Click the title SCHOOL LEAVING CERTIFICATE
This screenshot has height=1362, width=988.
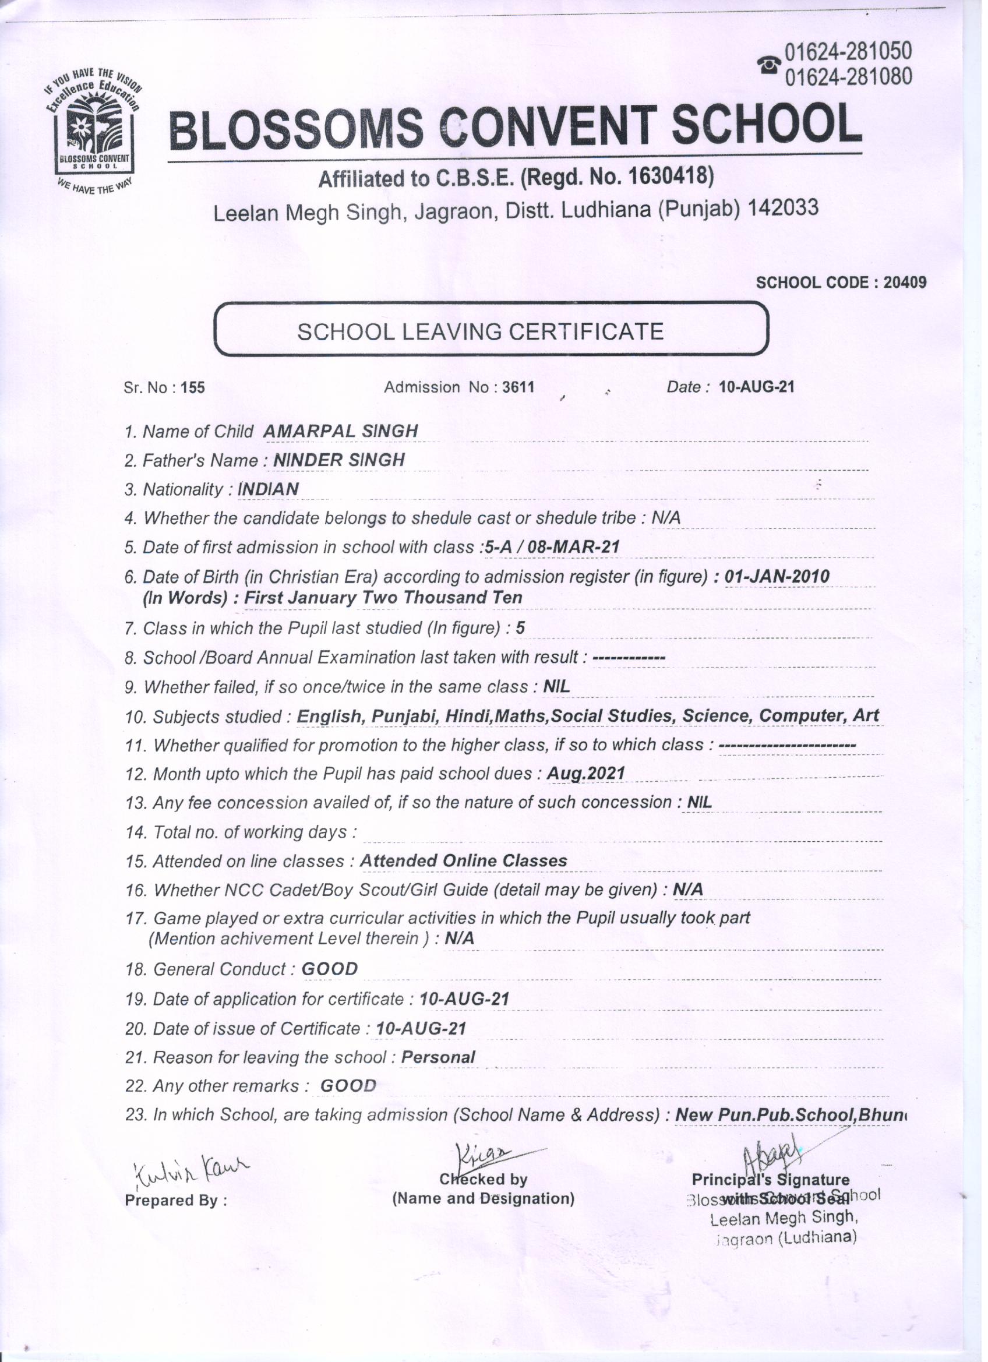click(481, 331)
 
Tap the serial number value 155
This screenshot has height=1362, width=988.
click(193, 388)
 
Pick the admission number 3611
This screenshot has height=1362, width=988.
click(518, 387)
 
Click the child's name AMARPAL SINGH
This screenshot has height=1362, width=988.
click(341, 431)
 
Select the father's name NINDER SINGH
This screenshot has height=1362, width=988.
click(338, 460)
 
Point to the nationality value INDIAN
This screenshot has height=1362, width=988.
click(269, 489)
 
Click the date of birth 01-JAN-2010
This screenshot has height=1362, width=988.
click(777, 577)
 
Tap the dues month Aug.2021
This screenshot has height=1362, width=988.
click(586, 774)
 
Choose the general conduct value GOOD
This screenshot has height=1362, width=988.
click(329, 969)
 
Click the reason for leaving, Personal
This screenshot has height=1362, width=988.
click(438, 1057)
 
